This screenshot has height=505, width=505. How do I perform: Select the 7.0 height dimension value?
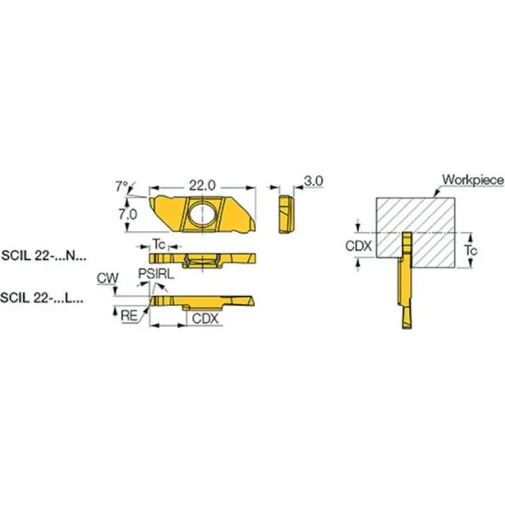[x=128, y=214]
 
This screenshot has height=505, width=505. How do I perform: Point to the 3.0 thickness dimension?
[x=313, y=181]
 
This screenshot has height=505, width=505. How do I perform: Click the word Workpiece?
[x=473, y=180]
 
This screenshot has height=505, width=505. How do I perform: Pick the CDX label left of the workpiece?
[x=359, y=246]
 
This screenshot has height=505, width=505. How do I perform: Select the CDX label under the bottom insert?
[x=205, y=319]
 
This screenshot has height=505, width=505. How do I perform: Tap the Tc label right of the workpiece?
[x=470, y=251]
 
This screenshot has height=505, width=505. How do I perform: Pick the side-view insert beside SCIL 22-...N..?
[x=202, y=258]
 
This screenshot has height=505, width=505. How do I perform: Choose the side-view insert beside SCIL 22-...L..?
[x=202, y=300]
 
